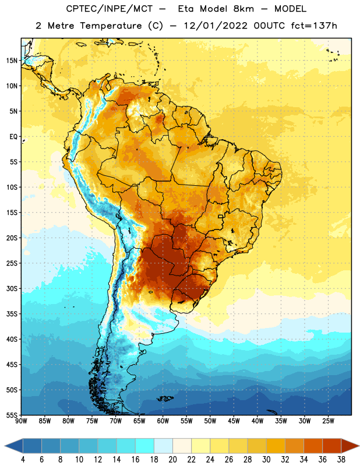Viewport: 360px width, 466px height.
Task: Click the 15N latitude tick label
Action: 12,61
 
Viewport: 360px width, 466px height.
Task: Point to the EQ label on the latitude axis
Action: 13,137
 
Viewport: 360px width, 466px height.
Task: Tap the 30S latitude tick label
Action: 12,288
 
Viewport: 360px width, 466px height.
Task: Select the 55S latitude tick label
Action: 12,415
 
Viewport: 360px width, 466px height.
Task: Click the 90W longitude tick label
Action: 21,421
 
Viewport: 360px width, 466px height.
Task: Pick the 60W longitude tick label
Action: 163,421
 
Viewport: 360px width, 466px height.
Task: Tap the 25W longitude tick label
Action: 328,421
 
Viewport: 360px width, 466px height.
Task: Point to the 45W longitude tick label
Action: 234,421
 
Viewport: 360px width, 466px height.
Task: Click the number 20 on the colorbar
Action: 172,460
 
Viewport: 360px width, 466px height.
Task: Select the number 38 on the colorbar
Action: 341,460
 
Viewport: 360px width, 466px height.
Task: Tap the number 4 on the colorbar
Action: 23,460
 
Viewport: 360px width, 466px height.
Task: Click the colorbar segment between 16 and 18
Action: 145,446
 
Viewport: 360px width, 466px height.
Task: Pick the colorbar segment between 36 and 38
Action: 332,446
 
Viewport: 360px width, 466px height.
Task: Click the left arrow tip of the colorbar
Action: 5,446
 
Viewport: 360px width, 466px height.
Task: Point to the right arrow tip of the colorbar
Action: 359,446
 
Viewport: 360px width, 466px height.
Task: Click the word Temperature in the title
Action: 111,26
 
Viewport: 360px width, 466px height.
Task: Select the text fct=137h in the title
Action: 314,26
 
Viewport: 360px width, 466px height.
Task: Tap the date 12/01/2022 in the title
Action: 216,26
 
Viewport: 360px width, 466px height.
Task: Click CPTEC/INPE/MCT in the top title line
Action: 110,9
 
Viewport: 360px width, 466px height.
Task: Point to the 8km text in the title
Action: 243,9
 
